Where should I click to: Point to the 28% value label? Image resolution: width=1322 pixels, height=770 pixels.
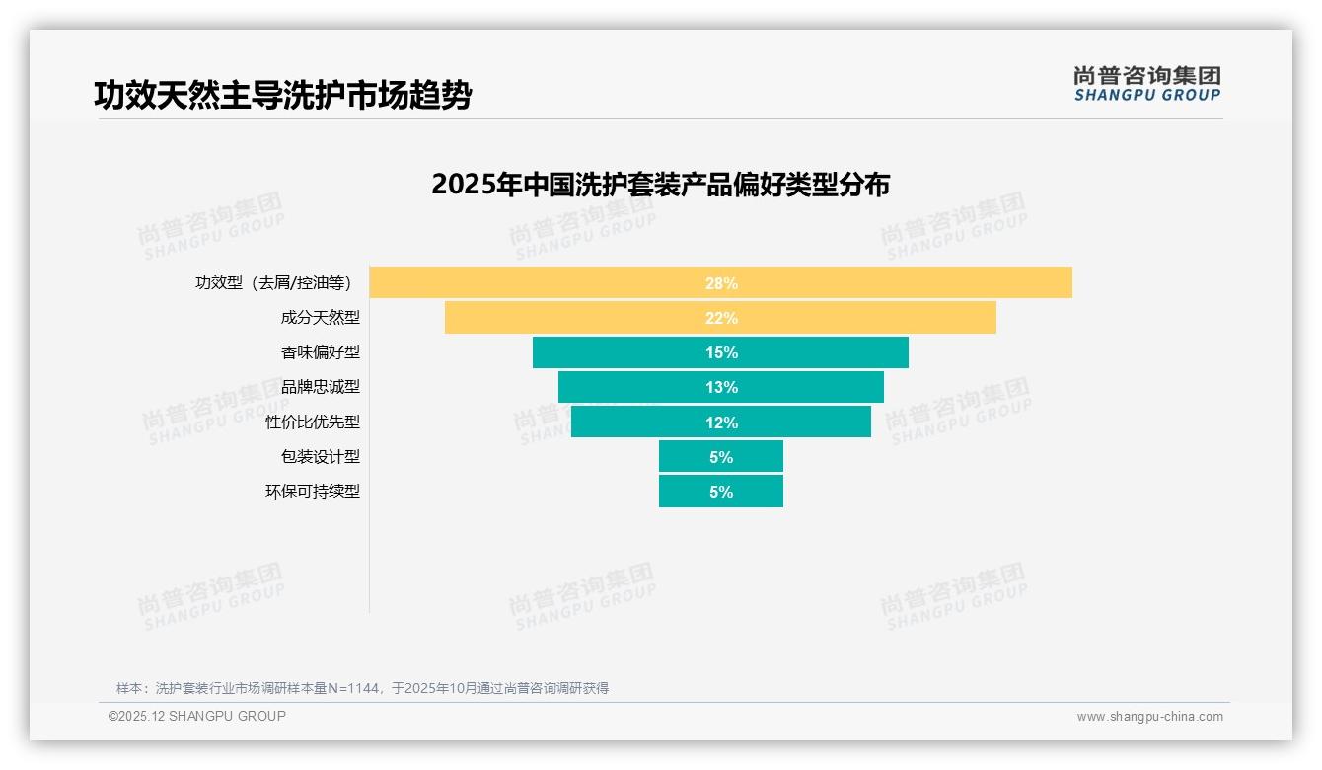pos(721,283)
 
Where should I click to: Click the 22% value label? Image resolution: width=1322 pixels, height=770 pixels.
pos(721,318)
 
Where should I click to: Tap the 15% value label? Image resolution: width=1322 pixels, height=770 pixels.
pos(721,352)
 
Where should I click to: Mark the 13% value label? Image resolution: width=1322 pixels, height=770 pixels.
pos(721,387)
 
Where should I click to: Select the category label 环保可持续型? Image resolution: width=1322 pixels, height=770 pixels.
pos(313,492)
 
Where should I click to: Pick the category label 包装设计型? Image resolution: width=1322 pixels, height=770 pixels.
pos(321,457)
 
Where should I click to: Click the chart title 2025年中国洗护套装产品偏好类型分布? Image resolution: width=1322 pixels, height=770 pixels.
pos(660,185)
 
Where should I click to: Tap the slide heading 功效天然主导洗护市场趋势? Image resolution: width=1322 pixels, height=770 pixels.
pos(282,96)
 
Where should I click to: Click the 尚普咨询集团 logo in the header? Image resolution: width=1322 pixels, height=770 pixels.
pos(1146,83)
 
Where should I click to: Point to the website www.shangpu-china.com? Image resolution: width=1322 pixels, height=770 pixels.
pos(1149,717)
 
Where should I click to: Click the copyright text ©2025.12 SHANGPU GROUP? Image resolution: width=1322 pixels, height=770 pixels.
pos(197,716)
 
